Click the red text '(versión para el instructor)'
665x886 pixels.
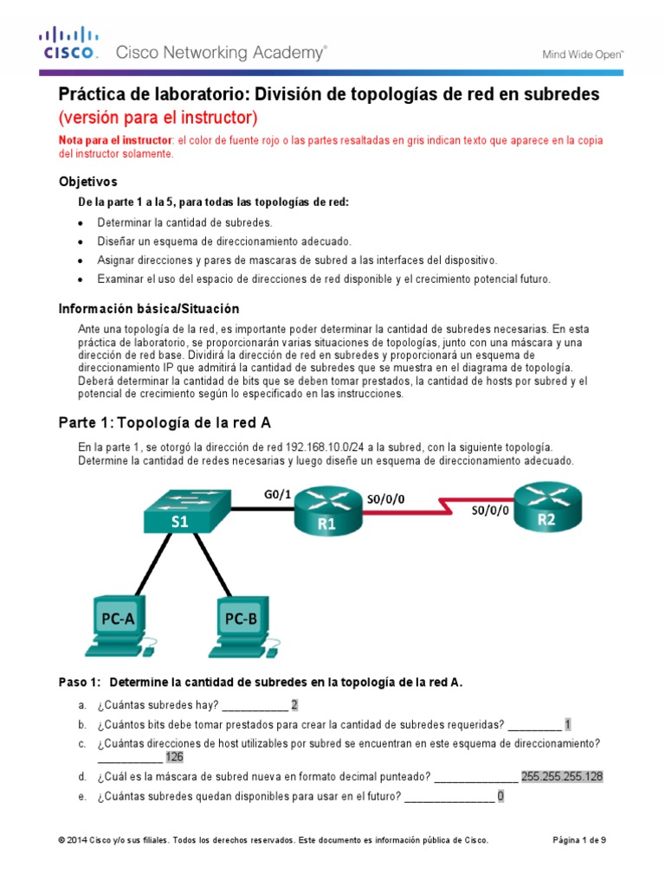[158, 117]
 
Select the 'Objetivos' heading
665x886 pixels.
[87, 182]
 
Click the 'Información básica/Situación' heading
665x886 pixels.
[148, 309]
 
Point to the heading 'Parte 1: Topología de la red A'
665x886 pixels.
[165, 422]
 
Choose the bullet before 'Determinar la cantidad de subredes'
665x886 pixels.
[81, 222]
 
